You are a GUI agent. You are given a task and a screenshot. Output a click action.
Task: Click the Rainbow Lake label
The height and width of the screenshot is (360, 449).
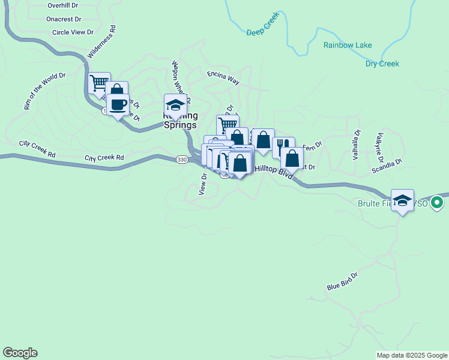(348, 45)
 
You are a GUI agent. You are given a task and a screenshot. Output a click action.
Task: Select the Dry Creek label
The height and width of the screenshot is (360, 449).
(382, 64)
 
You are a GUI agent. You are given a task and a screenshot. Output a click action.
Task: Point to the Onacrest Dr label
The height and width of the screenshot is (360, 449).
(64, 19)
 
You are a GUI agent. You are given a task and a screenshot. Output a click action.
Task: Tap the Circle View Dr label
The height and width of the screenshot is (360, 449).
(73, 32)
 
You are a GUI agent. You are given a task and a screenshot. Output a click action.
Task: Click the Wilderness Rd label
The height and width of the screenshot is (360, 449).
(101, 42)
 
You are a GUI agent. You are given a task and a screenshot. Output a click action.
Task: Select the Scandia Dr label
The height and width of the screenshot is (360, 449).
(387, 166)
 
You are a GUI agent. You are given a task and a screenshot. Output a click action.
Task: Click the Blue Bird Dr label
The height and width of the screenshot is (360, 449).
(342, 281)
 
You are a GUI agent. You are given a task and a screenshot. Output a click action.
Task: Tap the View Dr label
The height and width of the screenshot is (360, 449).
(203, 184)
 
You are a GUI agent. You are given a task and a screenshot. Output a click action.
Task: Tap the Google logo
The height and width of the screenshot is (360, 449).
(20, 353)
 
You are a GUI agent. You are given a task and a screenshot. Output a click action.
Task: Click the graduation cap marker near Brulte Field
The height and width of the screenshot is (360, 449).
(402, 200)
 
